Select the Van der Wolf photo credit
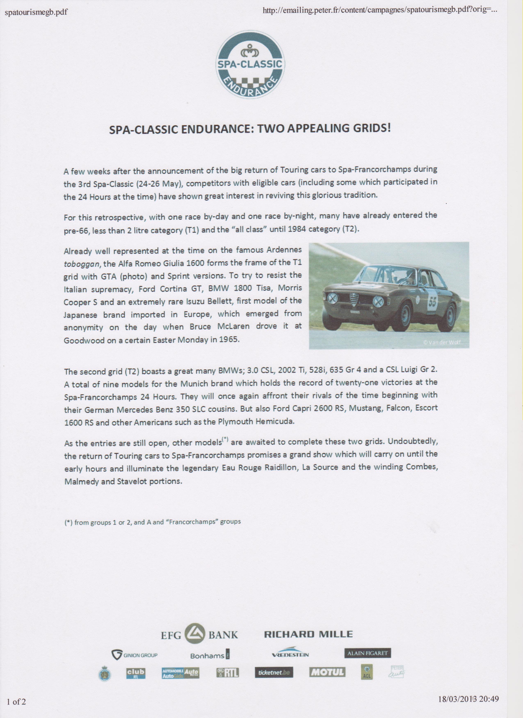(442, 342)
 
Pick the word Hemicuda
(273, 422)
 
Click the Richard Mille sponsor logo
(308, 634)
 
